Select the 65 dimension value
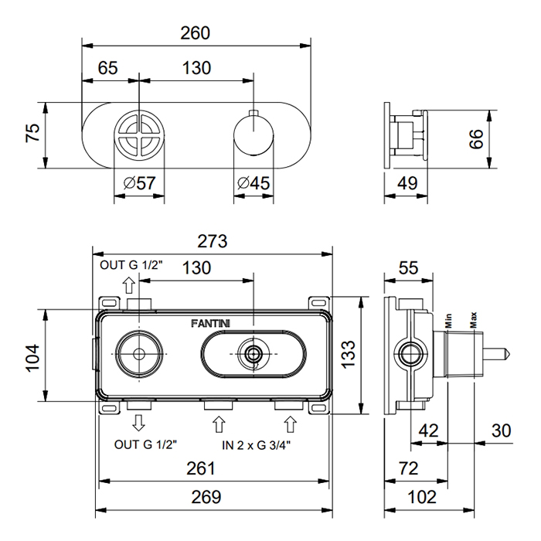pyautogui.click(x=108, y=67)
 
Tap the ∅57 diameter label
pyautogui.click(x=139, y=183)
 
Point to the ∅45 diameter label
pyautogui.click(x=253, y=183)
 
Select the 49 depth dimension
pyautogui.click(x=407, y=183)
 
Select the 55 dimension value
pyautogui.click(x=408, y=267)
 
